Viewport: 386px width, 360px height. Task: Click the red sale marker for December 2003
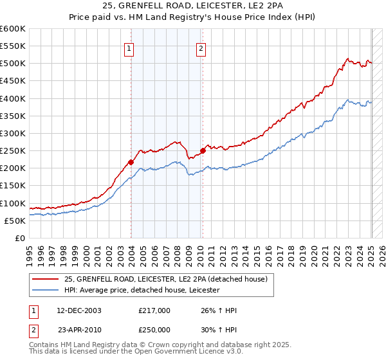pos(131,162)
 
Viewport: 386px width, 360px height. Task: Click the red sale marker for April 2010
pos(203,151)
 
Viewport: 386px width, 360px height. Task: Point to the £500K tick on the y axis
pos(13,64)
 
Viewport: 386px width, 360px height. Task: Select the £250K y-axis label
pos(13,150)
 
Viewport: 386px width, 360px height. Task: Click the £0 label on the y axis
pos(20,238)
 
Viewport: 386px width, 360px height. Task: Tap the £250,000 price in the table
pos(154,330)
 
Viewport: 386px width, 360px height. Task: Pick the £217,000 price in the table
pos(154,310)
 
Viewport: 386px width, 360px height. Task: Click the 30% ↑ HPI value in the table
pos(219,330)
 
